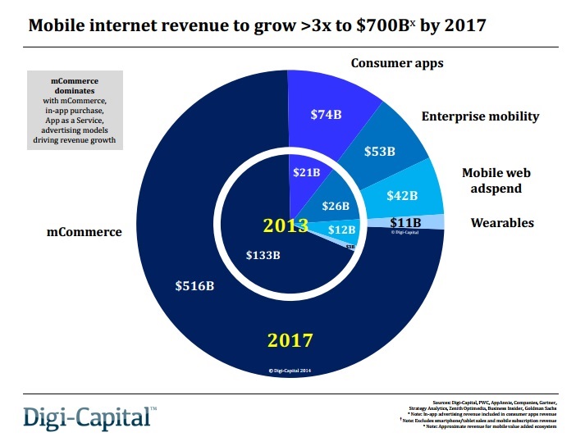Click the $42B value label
(x=401, y=195)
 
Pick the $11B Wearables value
(x=405, y=222)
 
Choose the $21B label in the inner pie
(x=307, y=173)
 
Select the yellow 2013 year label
(x=286, y=225)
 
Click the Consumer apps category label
(x=396, y=63)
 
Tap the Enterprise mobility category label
(x=480, y=116)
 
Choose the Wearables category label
(x=502, y=222)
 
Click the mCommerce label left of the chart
(x=84, y=232)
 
